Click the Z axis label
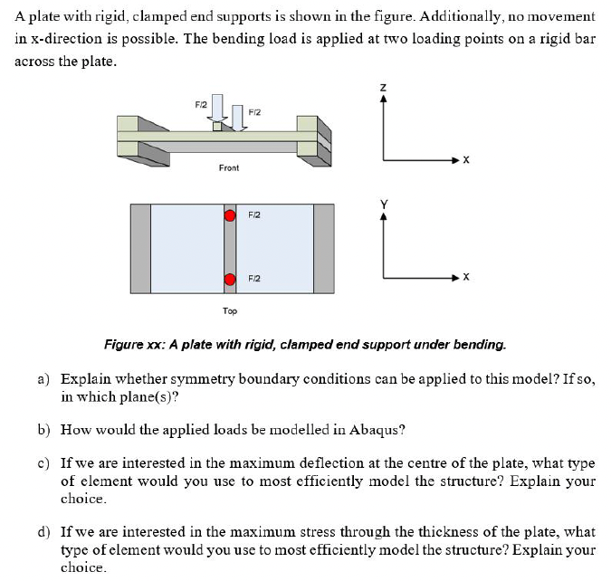(384, 86)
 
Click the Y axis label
(384, 205)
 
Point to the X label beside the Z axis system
(465, 160)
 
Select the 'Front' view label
(229, 168)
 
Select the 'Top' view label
(230, 310)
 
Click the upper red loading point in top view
(230, 217)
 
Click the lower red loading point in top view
(230, 279)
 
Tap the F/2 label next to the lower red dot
(254, 279)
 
